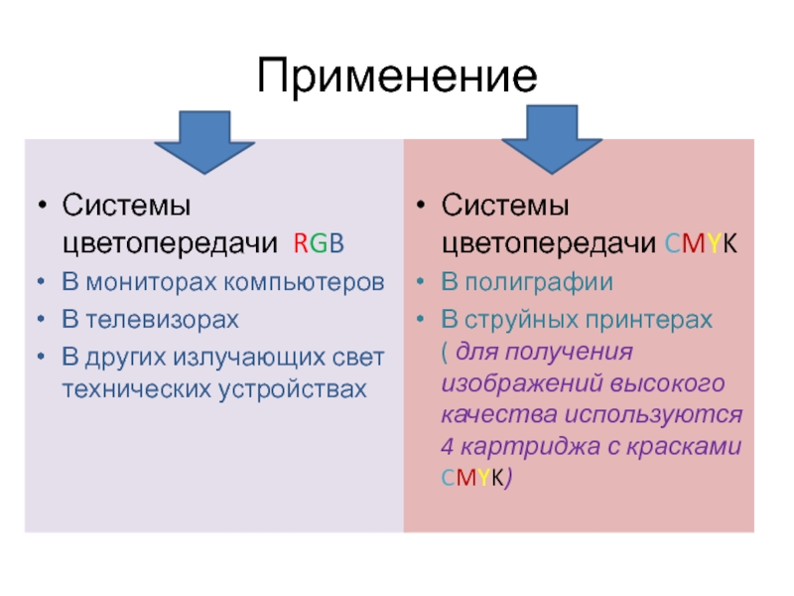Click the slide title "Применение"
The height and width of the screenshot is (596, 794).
397,76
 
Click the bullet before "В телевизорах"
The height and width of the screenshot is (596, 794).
42,321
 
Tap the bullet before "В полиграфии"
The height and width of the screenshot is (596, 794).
421,283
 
